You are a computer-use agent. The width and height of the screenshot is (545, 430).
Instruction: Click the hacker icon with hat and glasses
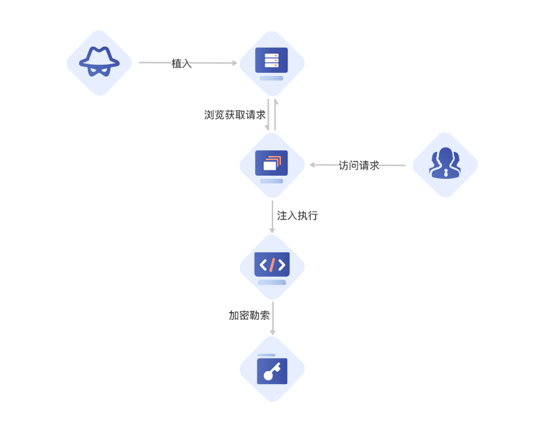[x=99, y=63]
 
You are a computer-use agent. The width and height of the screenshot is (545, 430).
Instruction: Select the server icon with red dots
[x=271, y=61]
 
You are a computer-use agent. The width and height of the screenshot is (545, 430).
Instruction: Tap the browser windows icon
[x=271, y=163]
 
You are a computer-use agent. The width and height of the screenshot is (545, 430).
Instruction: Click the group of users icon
[x=445, y=164]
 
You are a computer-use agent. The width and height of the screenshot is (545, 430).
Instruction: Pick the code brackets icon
[x=272, y=265]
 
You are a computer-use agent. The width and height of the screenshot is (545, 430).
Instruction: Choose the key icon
[x=272, y=370]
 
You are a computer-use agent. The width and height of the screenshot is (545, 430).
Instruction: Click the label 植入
[x=181, y=64]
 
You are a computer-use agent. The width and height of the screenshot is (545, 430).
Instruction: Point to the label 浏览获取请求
[x=235, y=115]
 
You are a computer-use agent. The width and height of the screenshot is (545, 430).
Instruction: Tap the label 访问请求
[x=359, y=165]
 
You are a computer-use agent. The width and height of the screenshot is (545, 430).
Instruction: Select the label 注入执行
[x=297, y=215]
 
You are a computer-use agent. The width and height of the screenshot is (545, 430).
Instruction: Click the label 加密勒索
[x=249, y=315]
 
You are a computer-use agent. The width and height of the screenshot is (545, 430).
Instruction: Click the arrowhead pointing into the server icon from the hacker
[x=234, y=64]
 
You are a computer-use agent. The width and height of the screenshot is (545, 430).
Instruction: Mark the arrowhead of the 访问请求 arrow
[x=313, y=165]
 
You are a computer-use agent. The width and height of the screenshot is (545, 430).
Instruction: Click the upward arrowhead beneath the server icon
[x=276, y=102]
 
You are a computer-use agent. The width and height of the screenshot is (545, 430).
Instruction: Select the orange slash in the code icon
[x=272, y=265]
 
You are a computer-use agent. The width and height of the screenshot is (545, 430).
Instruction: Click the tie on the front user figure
[x=445, y=174]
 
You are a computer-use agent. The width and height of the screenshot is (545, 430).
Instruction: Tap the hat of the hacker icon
[x=99, y=56]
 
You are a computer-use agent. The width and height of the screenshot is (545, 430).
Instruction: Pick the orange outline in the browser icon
[x=276, y=159]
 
